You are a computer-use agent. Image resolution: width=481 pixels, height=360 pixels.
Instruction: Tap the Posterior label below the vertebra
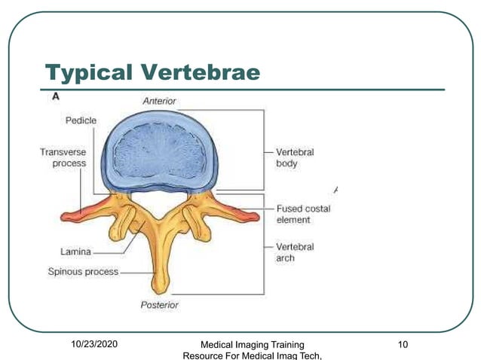click(159, 305)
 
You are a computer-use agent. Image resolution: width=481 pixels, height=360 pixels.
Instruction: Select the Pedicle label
click(81, 120)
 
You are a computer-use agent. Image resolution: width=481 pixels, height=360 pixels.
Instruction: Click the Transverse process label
click(63, 157)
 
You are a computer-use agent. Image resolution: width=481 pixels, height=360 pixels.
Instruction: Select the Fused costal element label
click(302, 214)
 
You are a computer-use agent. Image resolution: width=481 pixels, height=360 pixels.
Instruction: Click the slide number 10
click(403, 345)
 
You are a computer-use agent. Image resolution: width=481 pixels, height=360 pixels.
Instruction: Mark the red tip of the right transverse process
click(254, 217)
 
